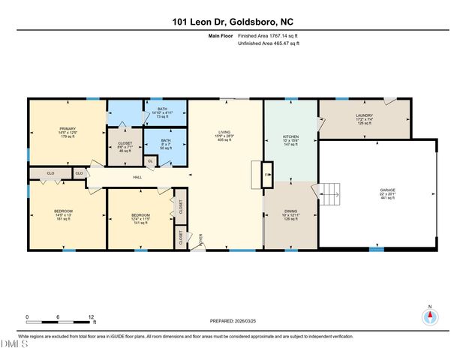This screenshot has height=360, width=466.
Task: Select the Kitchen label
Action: pos(290,138)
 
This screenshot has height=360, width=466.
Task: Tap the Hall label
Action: pos(137,177)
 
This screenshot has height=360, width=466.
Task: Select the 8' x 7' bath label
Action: pos(166,142)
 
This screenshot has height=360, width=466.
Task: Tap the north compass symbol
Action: pos(430,316)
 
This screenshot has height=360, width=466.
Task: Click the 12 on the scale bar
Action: pos(92,316)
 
